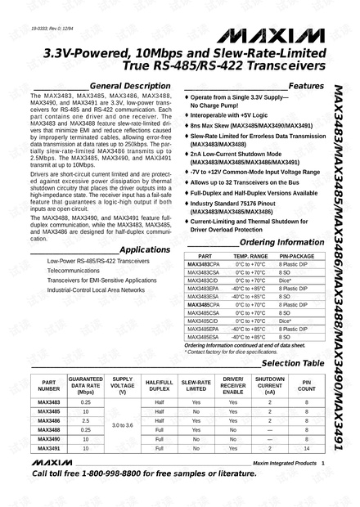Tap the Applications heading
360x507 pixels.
coord(144,249)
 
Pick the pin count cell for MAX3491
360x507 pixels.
coord(306,449)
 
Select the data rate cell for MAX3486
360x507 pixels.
coord(86,421)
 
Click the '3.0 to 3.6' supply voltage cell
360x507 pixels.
coord(122,426)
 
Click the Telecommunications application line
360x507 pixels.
coord(74,269)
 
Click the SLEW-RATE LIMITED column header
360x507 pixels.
coord(196,385)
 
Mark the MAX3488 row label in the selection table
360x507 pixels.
coord(50,430)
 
